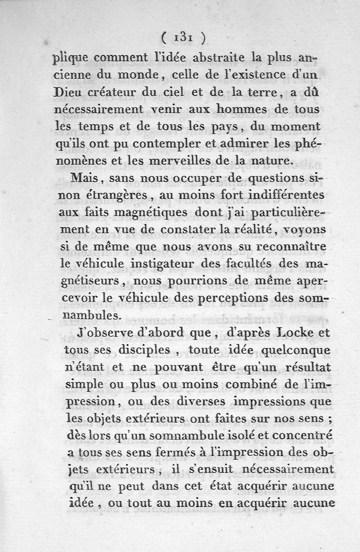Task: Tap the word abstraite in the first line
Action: coord(215,58)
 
